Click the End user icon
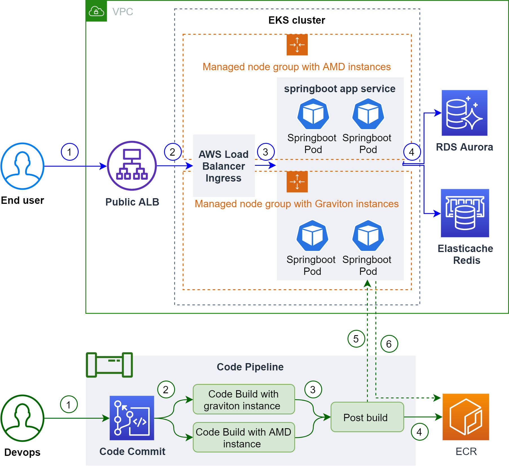pyautogui.click(x=22, y=166)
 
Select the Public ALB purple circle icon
pyautogui.click(x=132, y=166)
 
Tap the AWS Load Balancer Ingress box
pyautogui.click(x=224, y=166)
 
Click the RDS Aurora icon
pyautogui.click(x=464, y=113)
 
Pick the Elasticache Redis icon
pyautogui.click(x=465, y=213)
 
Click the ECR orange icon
pyautogui.click(x=466, y=417)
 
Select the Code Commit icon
pyautogui.click(x=132, y=418)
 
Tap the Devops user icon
pyautogui.click(x=22, y=418)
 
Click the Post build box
pyautogui.click(x=367, y=417)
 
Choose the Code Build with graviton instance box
pyautogui.click(x=244, y=399)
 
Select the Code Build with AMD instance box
pyautogui.click(x=244, y=437)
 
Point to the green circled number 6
pyautogui.click(x=389, y=344)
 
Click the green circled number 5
pyautogui.click(x=356, y=339)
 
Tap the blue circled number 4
pyautogui.click(x=412, y=152)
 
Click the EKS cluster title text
pyautogui.click(x=296, y=20)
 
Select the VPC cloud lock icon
pyautogui.click(x=96, y=11)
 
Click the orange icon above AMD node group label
pyautogui.click(x=297, y=45)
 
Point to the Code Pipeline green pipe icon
pyautogui.click(x=109, y=365)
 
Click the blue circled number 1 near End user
pyautogui.click(x=70, y=152)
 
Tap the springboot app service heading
pyautogui.click(x=340, y=89)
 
